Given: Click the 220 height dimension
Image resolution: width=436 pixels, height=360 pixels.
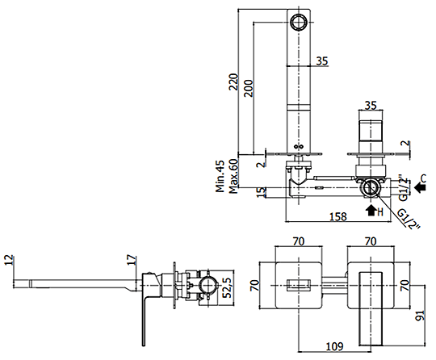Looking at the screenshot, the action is pos(233,82).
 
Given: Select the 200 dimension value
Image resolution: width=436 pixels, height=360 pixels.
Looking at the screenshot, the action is pos(249,88).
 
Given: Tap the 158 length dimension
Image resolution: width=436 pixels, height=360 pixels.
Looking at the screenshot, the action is pos(338,216).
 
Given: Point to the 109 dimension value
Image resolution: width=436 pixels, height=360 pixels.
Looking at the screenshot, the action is pos(334,346).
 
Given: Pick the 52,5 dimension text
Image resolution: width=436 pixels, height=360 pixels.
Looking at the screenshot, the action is pos(228,287).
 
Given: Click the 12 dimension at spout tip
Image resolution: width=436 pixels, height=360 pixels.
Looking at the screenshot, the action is pos(9,260).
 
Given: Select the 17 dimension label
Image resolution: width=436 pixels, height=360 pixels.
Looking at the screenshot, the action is pos(132,260).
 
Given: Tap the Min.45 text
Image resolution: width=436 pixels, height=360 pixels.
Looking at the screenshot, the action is pos(220,176).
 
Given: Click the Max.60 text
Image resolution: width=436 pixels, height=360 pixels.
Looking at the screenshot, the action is pos(233,176).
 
